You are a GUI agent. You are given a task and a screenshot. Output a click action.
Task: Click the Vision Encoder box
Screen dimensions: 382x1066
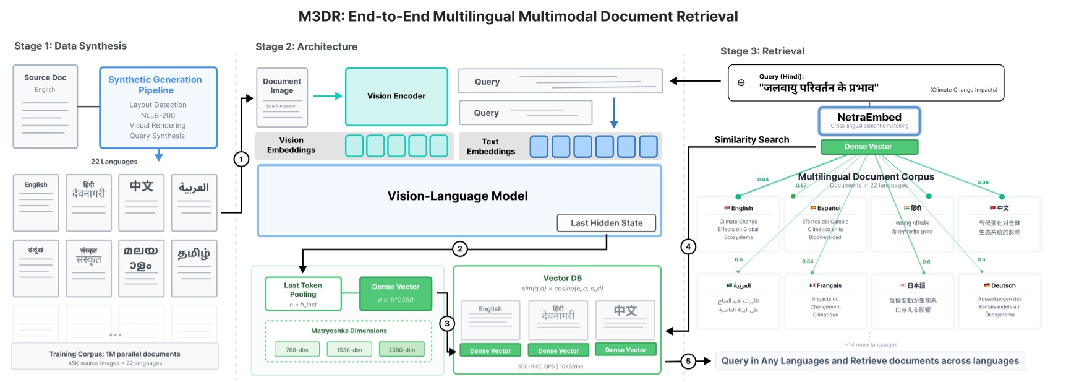[396, 97]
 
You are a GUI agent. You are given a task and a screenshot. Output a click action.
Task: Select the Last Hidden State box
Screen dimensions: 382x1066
[606, 223]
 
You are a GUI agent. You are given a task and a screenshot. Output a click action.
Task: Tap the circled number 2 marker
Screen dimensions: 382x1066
[459, 249]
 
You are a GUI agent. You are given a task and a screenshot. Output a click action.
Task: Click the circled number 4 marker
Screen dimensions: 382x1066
[688, 246]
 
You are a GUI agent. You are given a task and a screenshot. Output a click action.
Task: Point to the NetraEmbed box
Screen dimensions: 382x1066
[869, 121]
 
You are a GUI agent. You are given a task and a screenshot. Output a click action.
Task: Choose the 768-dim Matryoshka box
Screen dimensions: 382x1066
[297, 350]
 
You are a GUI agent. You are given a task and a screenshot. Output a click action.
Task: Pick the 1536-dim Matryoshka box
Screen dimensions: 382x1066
[349, 350]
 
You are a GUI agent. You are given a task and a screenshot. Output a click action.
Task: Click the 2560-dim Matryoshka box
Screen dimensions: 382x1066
[401, 350]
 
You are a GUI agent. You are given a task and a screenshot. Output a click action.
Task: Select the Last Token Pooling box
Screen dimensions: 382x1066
[303, 293]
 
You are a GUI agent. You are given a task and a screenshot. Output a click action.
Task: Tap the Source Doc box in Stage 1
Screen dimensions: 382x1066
[45, 106]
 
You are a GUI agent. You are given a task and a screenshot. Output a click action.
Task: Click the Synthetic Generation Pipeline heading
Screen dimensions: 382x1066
[155, 85]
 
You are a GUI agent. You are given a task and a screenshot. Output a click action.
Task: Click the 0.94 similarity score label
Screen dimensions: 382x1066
[763, 180]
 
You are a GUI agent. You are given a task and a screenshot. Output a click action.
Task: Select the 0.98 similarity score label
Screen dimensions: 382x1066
[983, 183]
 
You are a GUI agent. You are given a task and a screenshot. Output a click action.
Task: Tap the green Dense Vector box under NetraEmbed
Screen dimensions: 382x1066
[868, 147]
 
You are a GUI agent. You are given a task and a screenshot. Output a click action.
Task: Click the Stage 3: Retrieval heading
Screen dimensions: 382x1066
[762, 51]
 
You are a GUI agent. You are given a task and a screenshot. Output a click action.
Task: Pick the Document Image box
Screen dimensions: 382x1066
[282, 97]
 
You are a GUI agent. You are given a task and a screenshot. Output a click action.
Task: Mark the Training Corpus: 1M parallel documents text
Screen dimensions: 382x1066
[115, 354]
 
